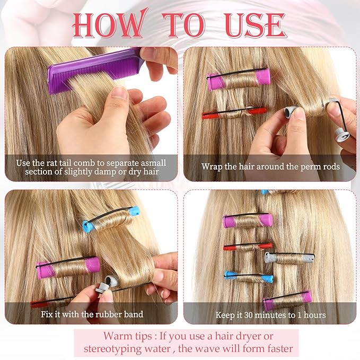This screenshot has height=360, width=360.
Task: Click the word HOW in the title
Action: (108, 24)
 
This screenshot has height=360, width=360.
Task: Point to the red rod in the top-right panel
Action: (233, 112)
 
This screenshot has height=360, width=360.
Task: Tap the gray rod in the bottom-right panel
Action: (289, 258)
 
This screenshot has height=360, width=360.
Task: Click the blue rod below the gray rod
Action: (248, 276)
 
